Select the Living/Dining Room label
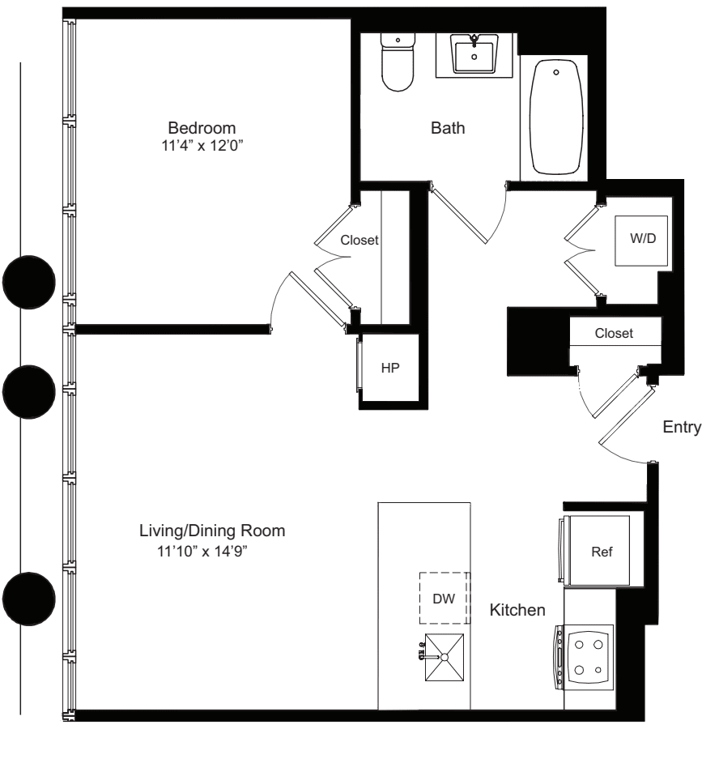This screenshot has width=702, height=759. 213,531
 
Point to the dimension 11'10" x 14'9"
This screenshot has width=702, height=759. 202,551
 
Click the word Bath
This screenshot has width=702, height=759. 448,128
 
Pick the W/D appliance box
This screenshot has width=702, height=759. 640,241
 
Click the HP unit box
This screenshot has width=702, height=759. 390,367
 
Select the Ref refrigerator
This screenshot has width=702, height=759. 601,551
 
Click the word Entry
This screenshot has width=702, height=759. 681,428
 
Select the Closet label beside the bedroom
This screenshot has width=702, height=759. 360,240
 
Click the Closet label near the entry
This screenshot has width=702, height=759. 613,333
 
